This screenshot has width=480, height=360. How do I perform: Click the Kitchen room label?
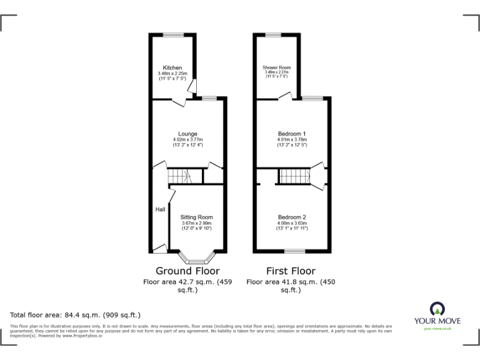(172, 67)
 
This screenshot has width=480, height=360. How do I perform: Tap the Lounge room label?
(187, 134)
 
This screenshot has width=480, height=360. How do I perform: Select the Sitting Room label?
(197, 217)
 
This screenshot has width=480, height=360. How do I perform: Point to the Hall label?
(160, 209)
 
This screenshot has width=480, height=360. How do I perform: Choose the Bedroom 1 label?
(292, 134)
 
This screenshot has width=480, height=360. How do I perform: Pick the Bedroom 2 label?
(292, 217)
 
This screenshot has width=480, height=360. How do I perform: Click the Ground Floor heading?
(187, 271)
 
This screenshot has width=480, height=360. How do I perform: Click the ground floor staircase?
(186, 176)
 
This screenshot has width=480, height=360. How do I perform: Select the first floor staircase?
(294, 176)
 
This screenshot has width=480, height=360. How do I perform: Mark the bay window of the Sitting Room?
(197, 259)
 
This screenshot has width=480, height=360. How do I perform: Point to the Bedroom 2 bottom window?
(294, 251)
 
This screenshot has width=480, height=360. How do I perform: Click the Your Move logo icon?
(435, 309)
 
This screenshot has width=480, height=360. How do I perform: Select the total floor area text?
(76, 314)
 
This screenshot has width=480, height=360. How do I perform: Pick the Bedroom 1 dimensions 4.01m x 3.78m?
(292, 139)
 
